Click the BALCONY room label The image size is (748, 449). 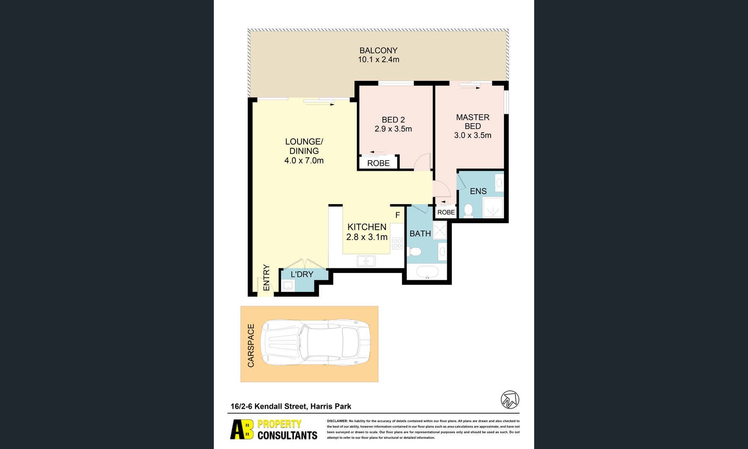378,50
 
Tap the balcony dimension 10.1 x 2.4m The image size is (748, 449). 378,59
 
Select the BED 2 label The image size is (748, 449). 393,120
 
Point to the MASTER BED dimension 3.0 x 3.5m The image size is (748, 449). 473,135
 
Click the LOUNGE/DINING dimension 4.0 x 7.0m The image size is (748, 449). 304,160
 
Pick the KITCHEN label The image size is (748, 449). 367,227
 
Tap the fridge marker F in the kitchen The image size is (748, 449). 398,215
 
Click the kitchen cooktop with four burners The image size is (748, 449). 397,244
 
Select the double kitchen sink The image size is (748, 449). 366,261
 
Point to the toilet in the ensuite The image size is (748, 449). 468,210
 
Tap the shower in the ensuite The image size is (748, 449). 493,207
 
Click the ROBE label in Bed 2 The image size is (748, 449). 378,163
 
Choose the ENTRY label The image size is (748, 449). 266,277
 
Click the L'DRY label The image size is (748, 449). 302,275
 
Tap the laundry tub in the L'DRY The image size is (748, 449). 288,286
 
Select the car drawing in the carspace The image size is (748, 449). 315,342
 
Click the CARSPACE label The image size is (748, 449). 251,346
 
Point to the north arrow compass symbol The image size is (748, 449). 510,400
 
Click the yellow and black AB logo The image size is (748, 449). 242,429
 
